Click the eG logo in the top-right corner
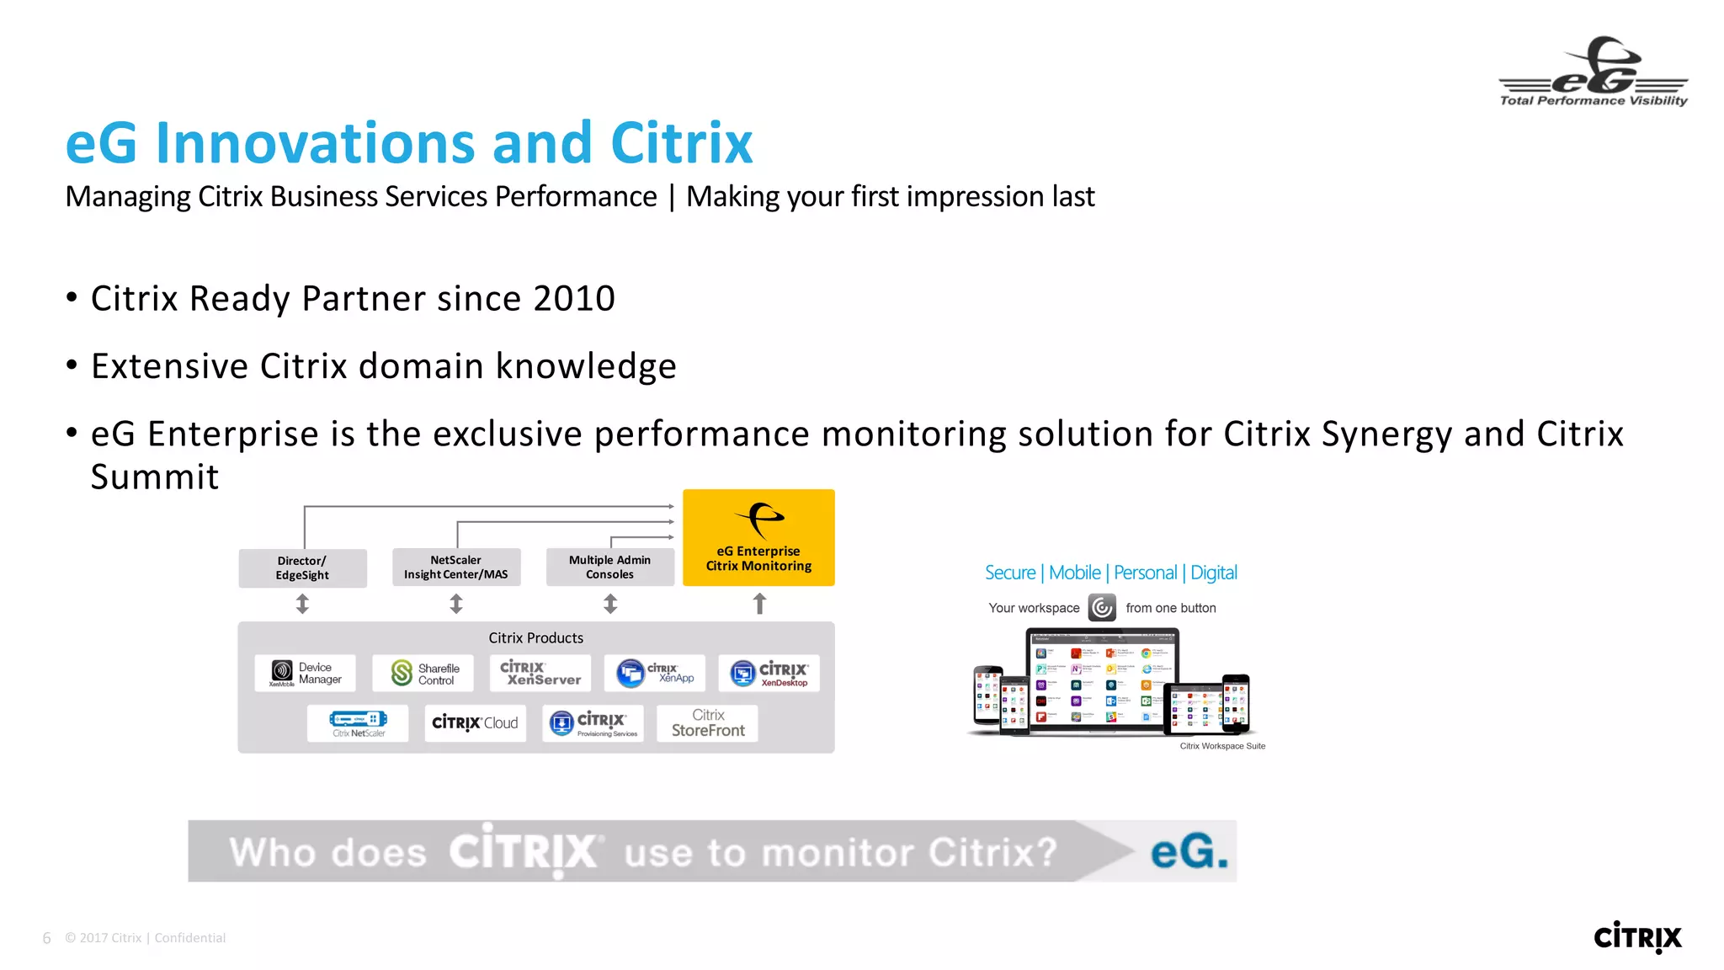pos(1593,72)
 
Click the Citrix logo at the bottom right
pos(1636,936)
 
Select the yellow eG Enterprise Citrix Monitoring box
pos(758,538)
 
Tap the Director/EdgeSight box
pos(302,568)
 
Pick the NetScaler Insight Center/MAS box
pos(456,568)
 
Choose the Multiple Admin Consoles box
pos(609,568)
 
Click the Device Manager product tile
pos(305,673)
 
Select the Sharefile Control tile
pos(423,674)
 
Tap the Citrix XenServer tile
pos(540,674)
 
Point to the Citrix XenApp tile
pos(655,674)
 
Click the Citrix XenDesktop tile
pos(769,674)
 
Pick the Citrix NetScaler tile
pos(358,723)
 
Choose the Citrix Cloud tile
pos(475,723)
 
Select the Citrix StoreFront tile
pos(707,723)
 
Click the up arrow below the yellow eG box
pos(759,604)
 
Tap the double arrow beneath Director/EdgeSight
pos(302,604)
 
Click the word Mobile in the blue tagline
pos(1074,573)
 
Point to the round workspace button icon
pos(1102,607)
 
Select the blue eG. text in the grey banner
pos(1189,851)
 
